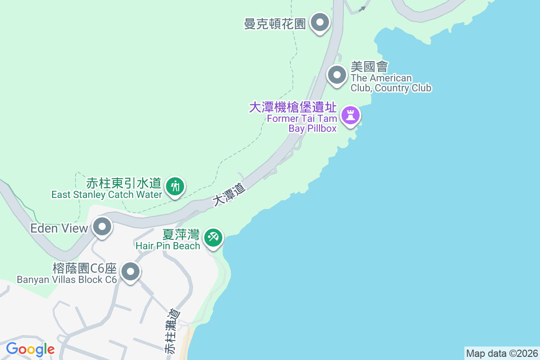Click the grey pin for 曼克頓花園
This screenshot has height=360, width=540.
[x=320, y=22]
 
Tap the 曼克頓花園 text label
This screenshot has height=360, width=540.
[x=275, y=23]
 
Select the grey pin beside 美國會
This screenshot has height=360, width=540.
[x=337, y=75]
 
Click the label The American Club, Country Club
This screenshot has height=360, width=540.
[x=391, y=83]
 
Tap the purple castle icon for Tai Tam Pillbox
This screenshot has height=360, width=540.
[x=351, y=116]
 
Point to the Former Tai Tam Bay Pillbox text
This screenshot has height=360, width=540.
[x=302, y=124]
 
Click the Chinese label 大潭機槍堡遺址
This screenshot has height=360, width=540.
[x=293, y=108]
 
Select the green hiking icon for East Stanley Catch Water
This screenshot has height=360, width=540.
[x=174, y=186]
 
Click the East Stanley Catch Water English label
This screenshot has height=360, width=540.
[x=107, y=195]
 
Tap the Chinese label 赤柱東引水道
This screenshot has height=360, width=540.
[x=124, y=183]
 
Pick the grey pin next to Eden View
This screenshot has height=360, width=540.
[x=102, y=227]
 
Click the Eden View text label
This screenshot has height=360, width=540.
[x=59, y=228]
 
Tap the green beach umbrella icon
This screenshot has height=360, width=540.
[x=213, y=237]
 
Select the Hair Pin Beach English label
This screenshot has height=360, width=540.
[x=168, y=246]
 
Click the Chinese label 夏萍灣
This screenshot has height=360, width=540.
[x=181, y=235]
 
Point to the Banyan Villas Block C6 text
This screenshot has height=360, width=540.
[x=67, y=279]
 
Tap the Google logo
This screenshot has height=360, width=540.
[x=30, y=349]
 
